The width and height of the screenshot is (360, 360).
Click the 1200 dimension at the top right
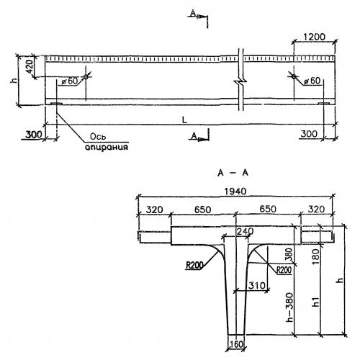point(314,37)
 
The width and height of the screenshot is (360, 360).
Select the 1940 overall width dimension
point(235,192)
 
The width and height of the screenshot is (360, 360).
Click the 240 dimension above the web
point(245,231)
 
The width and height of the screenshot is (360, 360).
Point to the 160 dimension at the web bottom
point(236,345)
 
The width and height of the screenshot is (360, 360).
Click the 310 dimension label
point(257,285)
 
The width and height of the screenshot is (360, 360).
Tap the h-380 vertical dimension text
point(290,307)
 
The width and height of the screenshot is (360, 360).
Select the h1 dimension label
point(316,302)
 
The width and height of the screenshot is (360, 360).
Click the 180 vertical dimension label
point(316,256)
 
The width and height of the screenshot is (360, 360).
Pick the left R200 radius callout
point(194,266)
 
